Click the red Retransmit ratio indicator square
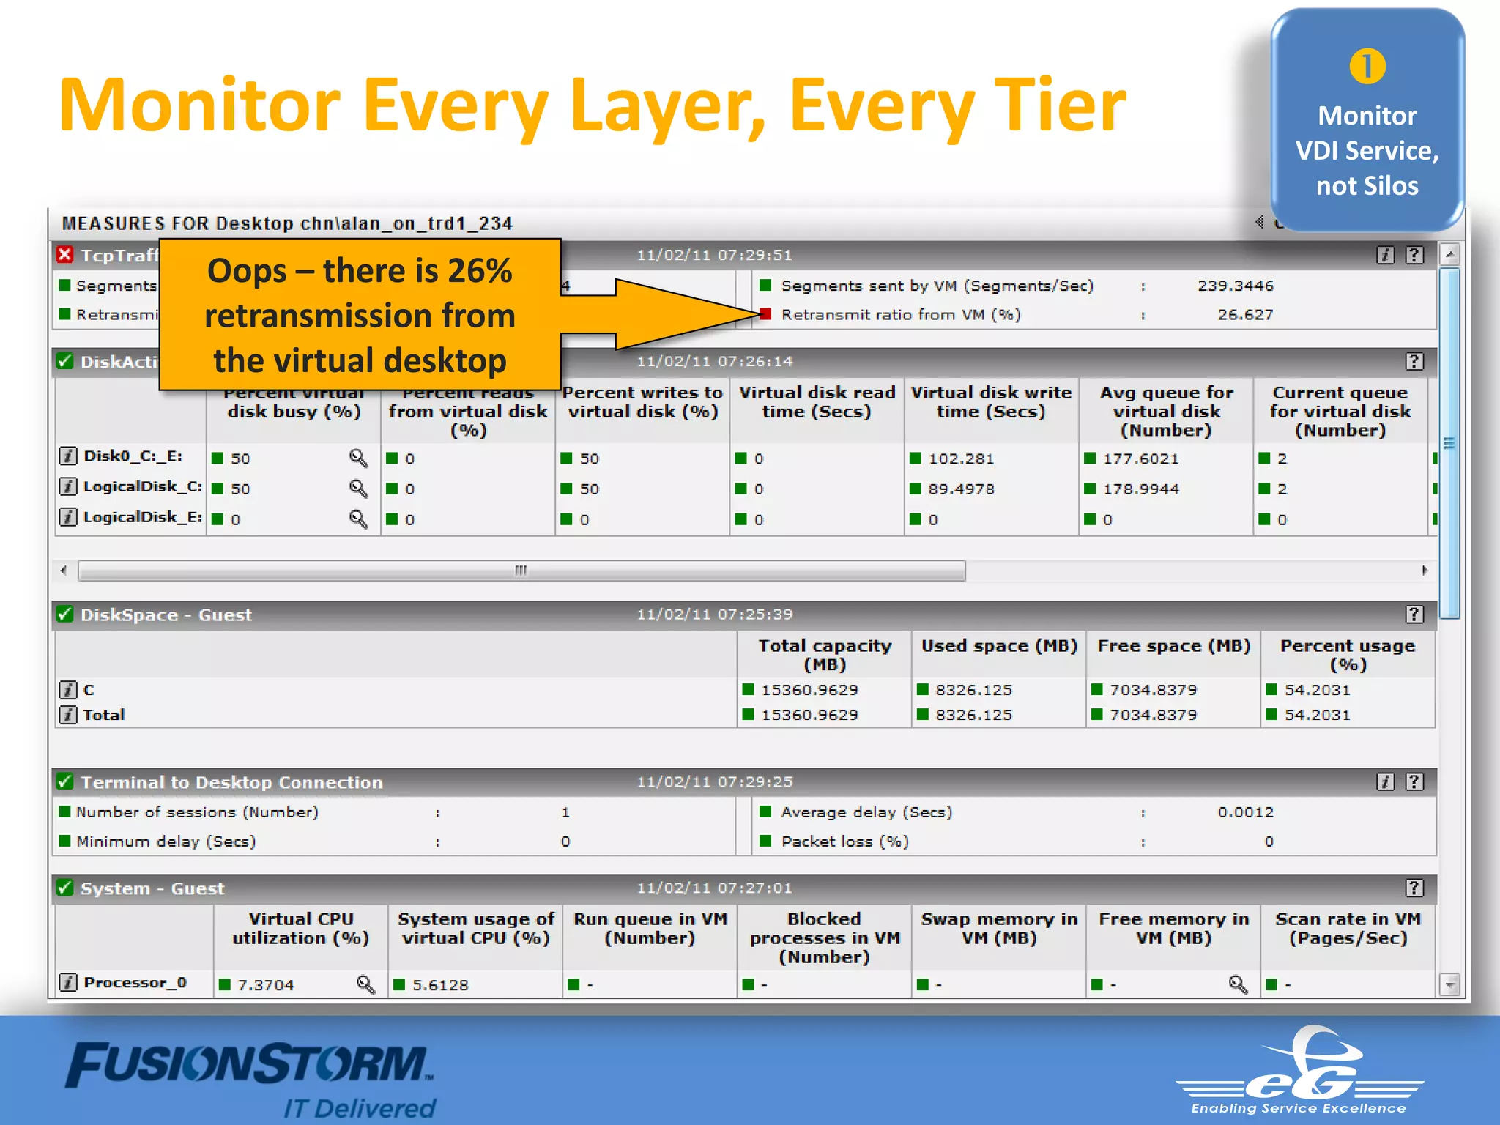coord(765,314)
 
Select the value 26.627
coord(1245,314)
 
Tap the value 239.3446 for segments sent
coord(1236,286)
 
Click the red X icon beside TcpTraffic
coord(65,254)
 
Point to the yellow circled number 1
coord(1367,67)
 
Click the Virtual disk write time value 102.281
coord(961,458)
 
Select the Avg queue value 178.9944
coord(1141,489)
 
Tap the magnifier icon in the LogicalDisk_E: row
coord(358,519)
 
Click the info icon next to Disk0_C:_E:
coord(67,456)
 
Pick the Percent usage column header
coord(1348,655)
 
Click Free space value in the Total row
coord(1153,715)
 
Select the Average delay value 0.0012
coord(1245,812)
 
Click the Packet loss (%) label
coord(844,842)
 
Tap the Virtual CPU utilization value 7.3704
coord(265,985)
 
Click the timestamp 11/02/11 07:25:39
coord(714,615)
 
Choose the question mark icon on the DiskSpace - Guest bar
coord(1414,615)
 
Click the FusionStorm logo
coord(249,1066)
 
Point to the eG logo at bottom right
coord(1300,1069)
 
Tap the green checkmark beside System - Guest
coord(65,888)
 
